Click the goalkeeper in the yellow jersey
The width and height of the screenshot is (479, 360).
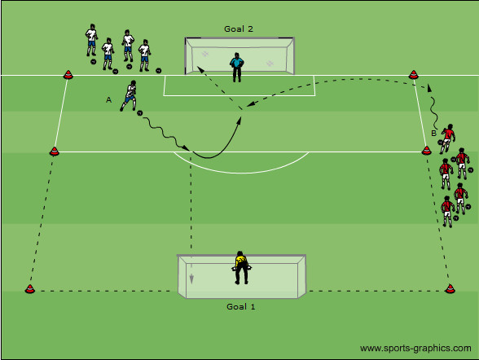point(241,268)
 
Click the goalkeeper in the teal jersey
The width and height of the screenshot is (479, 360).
point(237,68)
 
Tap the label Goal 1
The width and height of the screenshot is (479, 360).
point(240,306)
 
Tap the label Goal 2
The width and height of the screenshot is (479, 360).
point(238,29)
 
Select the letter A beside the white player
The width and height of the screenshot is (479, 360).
point(108,100)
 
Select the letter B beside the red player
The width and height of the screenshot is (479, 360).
point(433,133)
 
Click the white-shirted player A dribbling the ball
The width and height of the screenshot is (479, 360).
point(129,95)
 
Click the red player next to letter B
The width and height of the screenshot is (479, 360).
point(447,138)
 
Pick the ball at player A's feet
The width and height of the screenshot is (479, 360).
point(139,113)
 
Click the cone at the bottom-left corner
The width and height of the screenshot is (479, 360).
point(30,289)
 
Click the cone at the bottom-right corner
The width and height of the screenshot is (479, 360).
point(450,288)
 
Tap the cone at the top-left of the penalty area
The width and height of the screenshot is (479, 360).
point(68,74)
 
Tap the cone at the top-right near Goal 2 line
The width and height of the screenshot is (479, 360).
point(413,74)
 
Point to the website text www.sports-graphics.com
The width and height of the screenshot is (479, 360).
point(415,348)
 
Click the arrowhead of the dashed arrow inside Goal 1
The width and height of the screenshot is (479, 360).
point(191,279)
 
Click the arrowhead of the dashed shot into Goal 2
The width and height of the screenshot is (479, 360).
point(200,69)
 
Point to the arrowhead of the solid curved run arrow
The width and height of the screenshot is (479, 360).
point(239,121)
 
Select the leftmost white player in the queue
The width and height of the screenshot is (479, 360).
point(91,40)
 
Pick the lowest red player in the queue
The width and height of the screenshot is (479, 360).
point(447,212)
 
